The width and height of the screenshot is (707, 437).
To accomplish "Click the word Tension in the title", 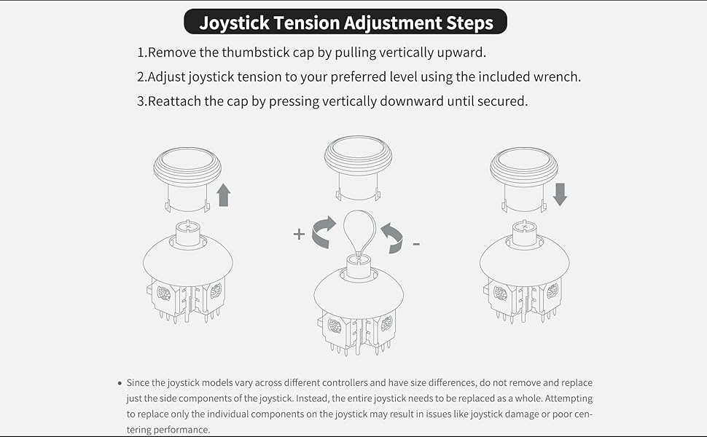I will point(316,23).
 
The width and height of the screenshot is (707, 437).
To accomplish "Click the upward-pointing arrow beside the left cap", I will point(224,194).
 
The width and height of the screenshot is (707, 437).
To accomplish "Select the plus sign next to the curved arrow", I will point(298,234).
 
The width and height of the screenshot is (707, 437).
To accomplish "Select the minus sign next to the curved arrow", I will point(416,243).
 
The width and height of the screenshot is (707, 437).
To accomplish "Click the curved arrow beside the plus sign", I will point(324,232).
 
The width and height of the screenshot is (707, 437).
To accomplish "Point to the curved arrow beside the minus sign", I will point(391,238).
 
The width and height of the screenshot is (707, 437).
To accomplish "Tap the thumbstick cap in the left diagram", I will point(187,168).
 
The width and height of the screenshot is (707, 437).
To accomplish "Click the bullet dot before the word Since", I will point(119,383).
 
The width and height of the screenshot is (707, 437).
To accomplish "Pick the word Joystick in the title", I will point(234,23).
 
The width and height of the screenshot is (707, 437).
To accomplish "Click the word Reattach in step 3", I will point(174,101).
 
